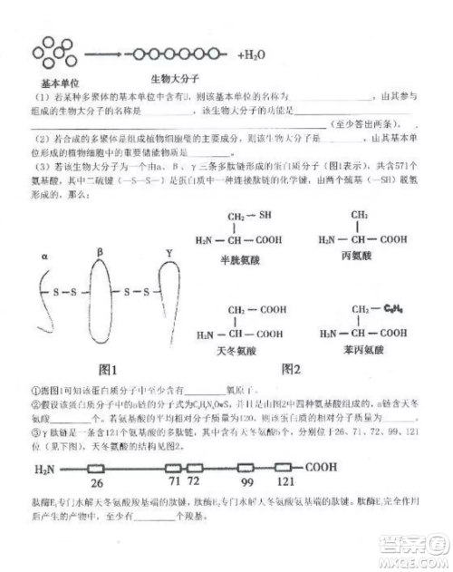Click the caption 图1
click(111, 370)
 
